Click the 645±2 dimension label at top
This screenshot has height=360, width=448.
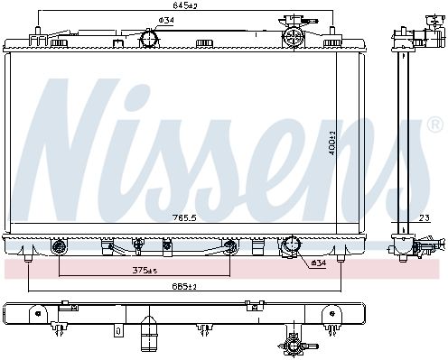pyautogui.click(x=185, y=5)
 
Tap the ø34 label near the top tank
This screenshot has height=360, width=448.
pyautogui.click(x=166, y=21)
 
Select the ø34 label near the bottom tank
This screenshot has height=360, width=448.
pyautogui.click(x=319, y=263)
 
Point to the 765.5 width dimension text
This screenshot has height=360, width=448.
pyautogui.click(x=184, y=217)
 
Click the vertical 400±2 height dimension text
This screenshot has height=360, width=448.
pyautogui.click(x=332, y=143)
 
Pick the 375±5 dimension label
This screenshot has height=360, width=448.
pyautogui.click(x=145, y=271)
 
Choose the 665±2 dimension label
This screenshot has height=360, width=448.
pyautogui.click(x=184, y=286)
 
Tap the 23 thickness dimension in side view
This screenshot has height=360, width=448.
pyautogui.click(x=425, y=217)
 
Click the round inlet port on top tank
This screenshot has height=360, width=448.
pyautogui.click(x=149, y=38)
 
